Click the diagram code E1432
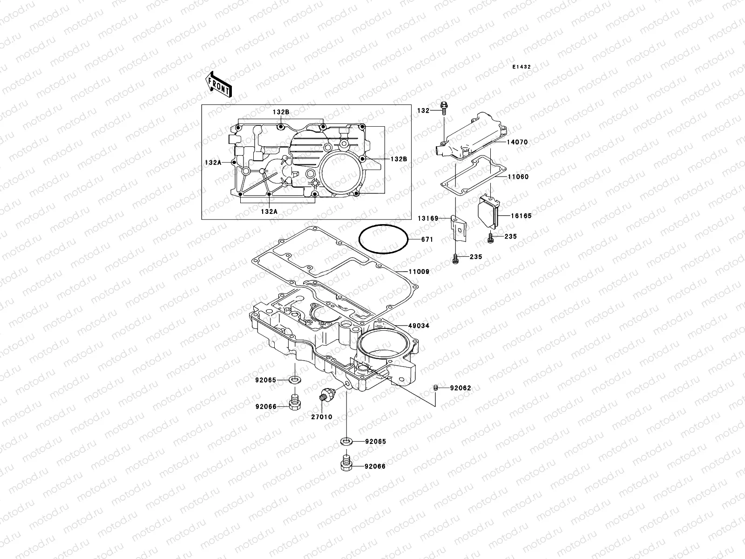[521, 67]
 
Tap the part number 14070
[517, 142]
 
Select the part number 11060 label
[518, 177]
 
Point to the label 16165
[521, 216]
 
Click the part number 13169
[427, 218]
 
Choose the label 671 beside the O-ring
[427, 240]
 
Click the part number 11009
[419, 271]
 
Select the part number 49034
[419, 326]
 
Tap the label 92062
[461, 388]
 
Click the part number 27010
[322, 417]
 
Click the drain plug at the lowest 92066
[346, 464]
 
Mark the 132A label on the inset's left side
[213, 162]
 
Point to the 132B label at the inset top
[281, 112]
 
